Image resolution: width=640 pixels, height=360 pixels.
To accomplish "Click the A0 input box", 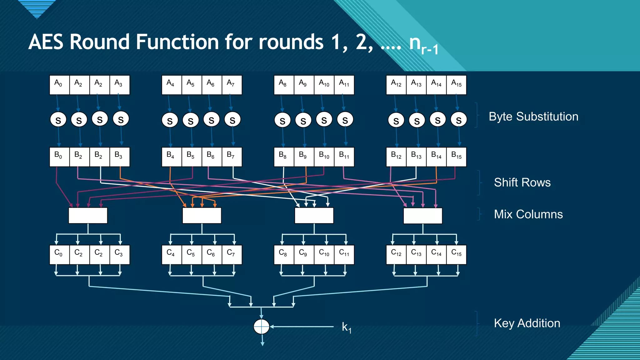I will point(59,85).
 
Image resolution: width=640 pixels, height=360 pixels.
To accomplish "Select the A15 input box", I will point(457,85).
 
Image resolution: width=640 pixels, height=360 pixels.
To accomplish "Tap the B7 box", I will point(232,157).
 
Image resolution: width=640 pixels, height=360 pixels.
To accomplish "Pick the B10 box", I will point(324,157).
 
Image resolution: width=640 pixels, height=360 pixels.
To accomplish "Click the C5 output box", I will point(192,254).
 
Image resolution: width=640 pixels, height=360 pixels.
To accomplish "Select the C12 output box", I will point(396,254).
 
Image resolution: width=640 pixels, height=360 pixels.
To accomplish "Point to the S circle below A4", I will point(170,121).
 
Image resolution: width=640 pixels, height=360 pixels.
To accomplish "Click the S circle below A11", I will point(345,120).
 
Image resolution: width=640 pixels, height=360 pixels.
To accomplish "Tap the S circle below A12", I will point(396,121).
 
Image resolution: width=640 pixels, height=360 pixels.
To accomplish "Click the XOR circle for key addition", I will point(261,327).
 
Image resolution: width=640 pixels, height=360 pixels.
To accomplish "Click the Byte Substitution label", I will point(533,117).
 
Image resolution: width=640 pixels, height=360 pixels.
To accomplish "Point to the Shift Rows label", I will point(522,182).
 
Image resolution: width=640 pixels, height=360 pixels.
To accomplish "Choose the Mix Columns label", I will point(528,214).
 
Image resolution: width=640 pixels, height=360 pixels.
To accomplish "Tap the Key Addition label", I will point(527,323).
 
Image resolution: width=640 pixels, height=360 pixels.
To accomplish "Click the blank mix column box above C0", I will point(88,216).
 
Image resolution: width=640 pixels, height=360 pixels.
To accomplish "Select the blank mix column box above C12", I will point(422,216).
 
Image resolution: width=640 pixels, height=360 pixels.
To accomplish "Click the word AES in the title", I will point(47,42).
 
